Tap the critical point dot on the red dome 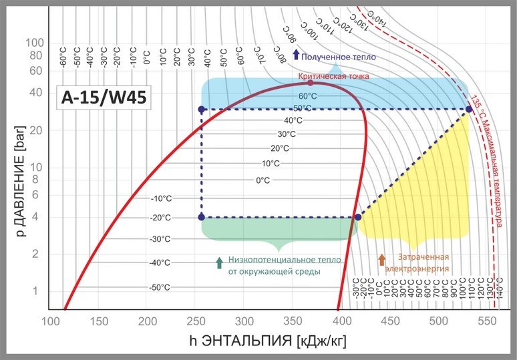(310, 83)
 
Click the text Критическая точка (335, 76)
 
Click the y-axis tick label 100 (34, 43)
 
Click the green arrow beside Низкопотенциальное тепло (218, 262)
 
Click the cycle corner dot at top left (202, 109)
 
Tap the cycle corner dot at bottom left (202, 217)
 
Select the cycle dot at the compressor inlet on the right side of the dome (358, 217)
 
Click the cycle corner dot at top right (469, 109)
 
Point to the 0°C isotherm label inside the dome (263, 180)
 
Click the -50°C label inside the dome (160, 287)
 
